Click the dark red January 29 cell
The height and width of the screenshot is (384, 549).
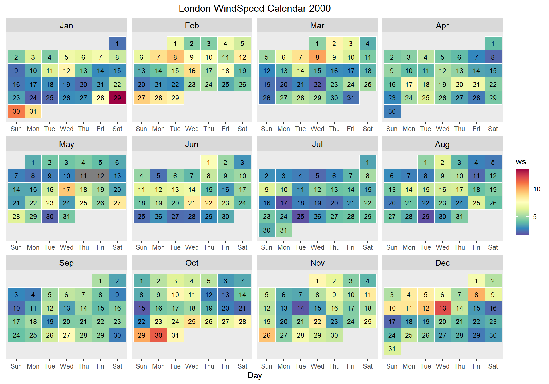tap(117, 98)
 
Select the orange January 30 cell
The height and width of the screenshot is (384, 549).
tap(16, 111)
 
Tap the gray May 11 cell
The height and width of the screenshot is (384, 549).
tap(83, 176)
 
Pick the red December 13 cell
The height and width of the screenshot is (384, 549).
tap(443, 308)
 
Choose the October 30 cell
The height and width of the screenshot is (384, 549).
tap(158, 335)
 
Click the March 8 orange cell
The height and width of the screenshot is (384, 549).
tap(317, 57)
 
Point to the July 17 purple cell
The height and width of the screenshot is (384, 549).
tap(283, 203)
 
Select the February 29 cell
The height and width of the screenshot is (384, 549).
tap(175, 98)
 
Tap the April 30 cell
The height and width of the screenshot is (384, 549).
tap(392, 111)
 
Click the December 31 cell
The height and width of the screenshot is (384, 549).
tap(392, 349)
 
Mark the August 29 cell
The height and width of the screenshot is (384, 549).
tap(425, 216)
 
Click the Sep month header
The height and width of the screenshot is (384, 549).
tap(66, 263)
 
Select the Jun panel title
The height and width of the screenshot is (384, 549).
tap(192, 144)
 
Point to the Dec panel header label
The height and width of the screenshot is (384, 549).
tap(442, 263)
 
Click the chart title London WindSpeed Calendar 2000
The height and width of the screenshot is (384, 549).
tap(254, 8)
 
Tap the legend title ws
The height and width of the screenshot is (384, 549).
tap(521, 162)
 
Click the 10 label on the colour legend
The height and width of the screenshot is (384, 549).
tap(537, 189)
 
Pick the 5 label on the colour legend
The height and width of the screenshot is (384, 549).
tap(535, 217)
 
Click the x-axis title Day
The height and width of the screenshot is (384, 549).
tap(254, 375)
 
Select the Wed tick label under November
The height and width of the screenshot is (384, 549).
tap(317, 366)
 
